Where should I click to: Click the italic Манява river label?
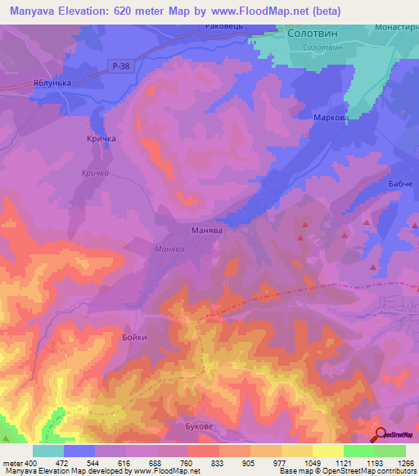point(173,249)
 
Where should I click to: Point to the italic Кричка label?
point(96,173)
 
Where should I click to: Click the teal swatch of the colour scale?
point(48,451)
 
